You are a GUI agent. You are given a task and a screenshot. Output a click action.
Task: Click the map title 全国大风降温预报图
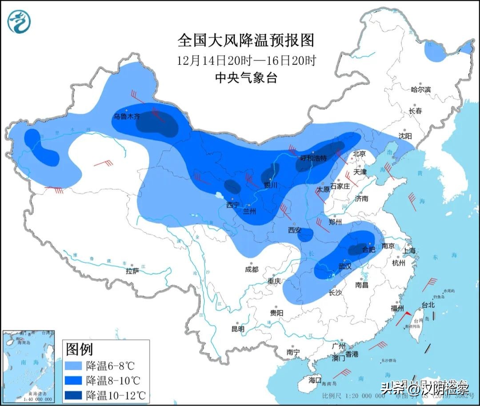click(x=246, y=40)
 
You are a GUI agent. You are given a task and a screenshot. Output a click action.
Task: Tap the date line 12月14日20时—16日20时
click(x=246, y=60)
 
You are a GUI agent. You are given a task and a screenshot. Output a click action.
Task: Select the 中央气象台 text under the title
click(x=246, y=78)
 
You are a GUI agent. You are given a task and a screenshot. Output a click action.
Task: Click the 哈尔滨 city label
click(x=420, y=89)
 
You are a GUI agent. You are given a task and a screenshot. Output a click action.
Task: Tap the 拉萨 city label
click(x=132, y=271)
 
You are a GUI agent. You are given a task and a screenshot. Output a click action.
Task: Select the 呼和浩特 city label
click(x=313, y=158)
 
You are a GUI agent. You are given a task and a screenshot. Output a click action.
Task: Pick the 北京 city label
click(x=359, y=154)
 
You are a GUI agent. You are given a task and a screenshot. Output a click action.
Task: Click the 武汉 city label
click(x=345, y=267)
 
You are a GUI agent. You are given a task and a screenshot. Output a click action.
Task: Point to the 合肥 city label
click(x=368, y=250)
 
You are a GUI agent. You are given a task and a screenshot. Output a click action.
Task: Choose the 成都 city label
click(x=251, y=269)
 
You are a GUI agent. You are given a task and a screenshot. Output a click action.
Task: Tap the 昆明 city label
click(x=238, y=329)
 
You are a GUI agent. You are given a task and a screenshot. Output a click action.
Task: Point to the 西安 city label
click(x=294, y=230)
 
